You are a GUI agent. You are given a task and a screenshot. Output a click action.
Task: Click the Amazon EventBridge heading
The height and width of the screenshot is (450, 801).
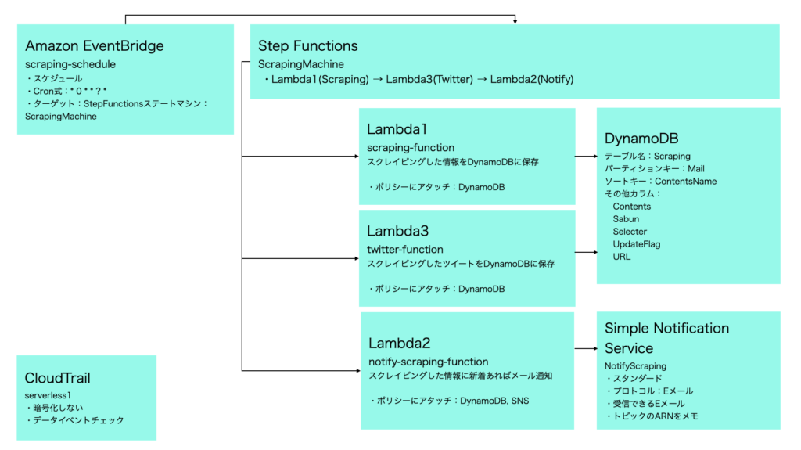(x=95, y=45)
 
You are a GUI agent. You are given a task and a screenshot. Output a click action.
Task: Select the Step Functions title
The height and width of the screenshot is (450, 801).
(x=308, y=46)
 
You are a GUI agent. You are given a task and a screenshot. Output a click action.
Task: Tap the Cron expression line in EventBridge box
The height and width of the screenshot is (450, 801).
(x=66, y=91)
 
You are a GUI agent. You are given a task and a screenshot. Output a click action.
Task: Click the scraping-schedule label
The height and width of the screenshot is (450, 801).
(x=70, y=64)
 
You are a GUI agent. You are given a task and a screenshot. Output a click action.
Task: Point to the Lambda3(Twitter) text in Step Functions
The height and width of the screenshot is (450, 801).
(x=429, y=79)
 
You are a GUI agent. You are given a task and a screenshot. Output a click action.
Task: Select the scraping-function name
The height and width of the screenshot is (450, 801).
(x=411, y=148)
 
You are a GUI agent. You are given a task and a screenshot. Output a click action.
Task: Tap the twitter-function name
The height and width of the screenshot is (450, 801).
(x=405, y=250)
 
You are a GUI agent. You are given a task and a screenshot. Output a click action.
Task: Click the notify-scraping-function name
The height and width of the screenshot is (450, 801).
(x=429, y=362)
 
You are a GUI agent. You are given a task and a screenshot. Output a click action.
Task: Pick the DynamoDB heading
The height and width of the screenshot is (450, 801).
(x=641, y=138)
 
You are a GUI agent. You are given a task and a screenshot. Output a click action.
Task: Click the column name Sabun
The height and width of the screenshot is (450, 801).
(x=626, y=219)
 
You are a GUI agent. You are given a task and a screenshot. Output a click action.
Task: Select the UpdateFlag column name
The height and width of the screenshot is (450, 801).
(x=637, y=244)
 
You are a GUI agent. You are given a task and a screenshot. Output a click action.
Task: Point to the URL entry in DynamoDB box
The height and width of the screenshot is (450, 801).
(x=622, y=257)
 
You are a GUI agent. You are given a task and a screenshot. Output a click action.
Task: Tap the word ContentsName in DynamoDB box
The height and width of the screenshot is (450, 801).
(x=685, y=182)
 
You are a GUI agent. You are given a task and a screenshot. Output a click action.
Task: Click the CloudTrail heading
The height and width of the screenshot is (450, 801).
(x=58, y=378)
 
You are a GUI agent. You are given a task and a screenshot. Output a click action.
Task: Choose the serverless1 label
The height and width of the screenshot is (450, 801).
(x=48, y=395)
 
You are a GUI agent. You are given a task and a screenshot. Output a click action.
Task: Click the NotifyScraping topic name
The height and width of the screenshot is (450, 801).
(x=635, y=366)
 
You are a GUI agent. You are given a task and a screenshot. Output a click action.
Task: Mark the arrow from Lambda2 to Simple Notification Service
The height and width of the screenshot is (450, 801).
(x=586, y=349)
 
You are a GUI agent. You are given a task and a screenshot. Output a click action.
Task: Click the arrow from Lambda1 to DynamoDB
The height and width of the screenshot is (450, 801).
(x=586, y=156)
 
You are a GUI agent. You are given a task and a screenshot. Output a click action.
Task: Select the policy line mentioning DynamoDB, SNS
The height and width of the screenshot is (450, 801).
(x=450, y=401)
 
